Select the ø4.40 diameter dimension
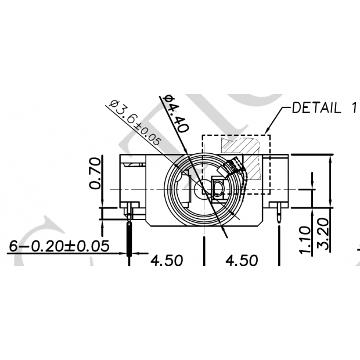(x=176, y=113)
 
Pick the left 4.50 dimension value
(x=167, y=261)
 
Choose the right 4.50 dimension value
(x=242, y=261)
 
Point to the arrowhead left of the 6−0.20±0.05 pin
(x=124, y=254)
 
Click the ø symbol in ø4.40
(x=167, y=100)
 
